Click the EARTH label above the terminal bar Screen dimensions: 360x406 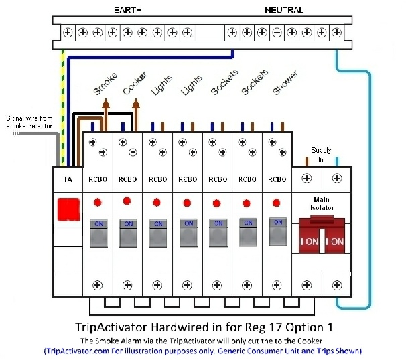(128, 10)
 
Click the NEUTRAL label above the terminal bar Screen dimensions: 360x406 (284, 10)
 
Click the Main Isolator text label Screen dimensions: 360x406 (322, 203)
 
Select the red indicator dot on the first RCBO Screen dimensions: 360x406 (97, 202)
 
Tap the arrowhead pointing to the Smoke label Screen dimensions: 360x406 (105, 103)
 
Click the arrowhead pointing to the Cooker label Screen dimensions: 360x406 (136, 103)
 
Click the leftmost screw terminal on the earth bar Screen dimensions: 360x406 (68, 32)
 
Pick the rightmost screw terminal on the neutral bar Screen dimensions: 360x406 (337, 32)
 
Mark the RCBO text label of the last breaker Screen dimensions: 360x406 (277, 179)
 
